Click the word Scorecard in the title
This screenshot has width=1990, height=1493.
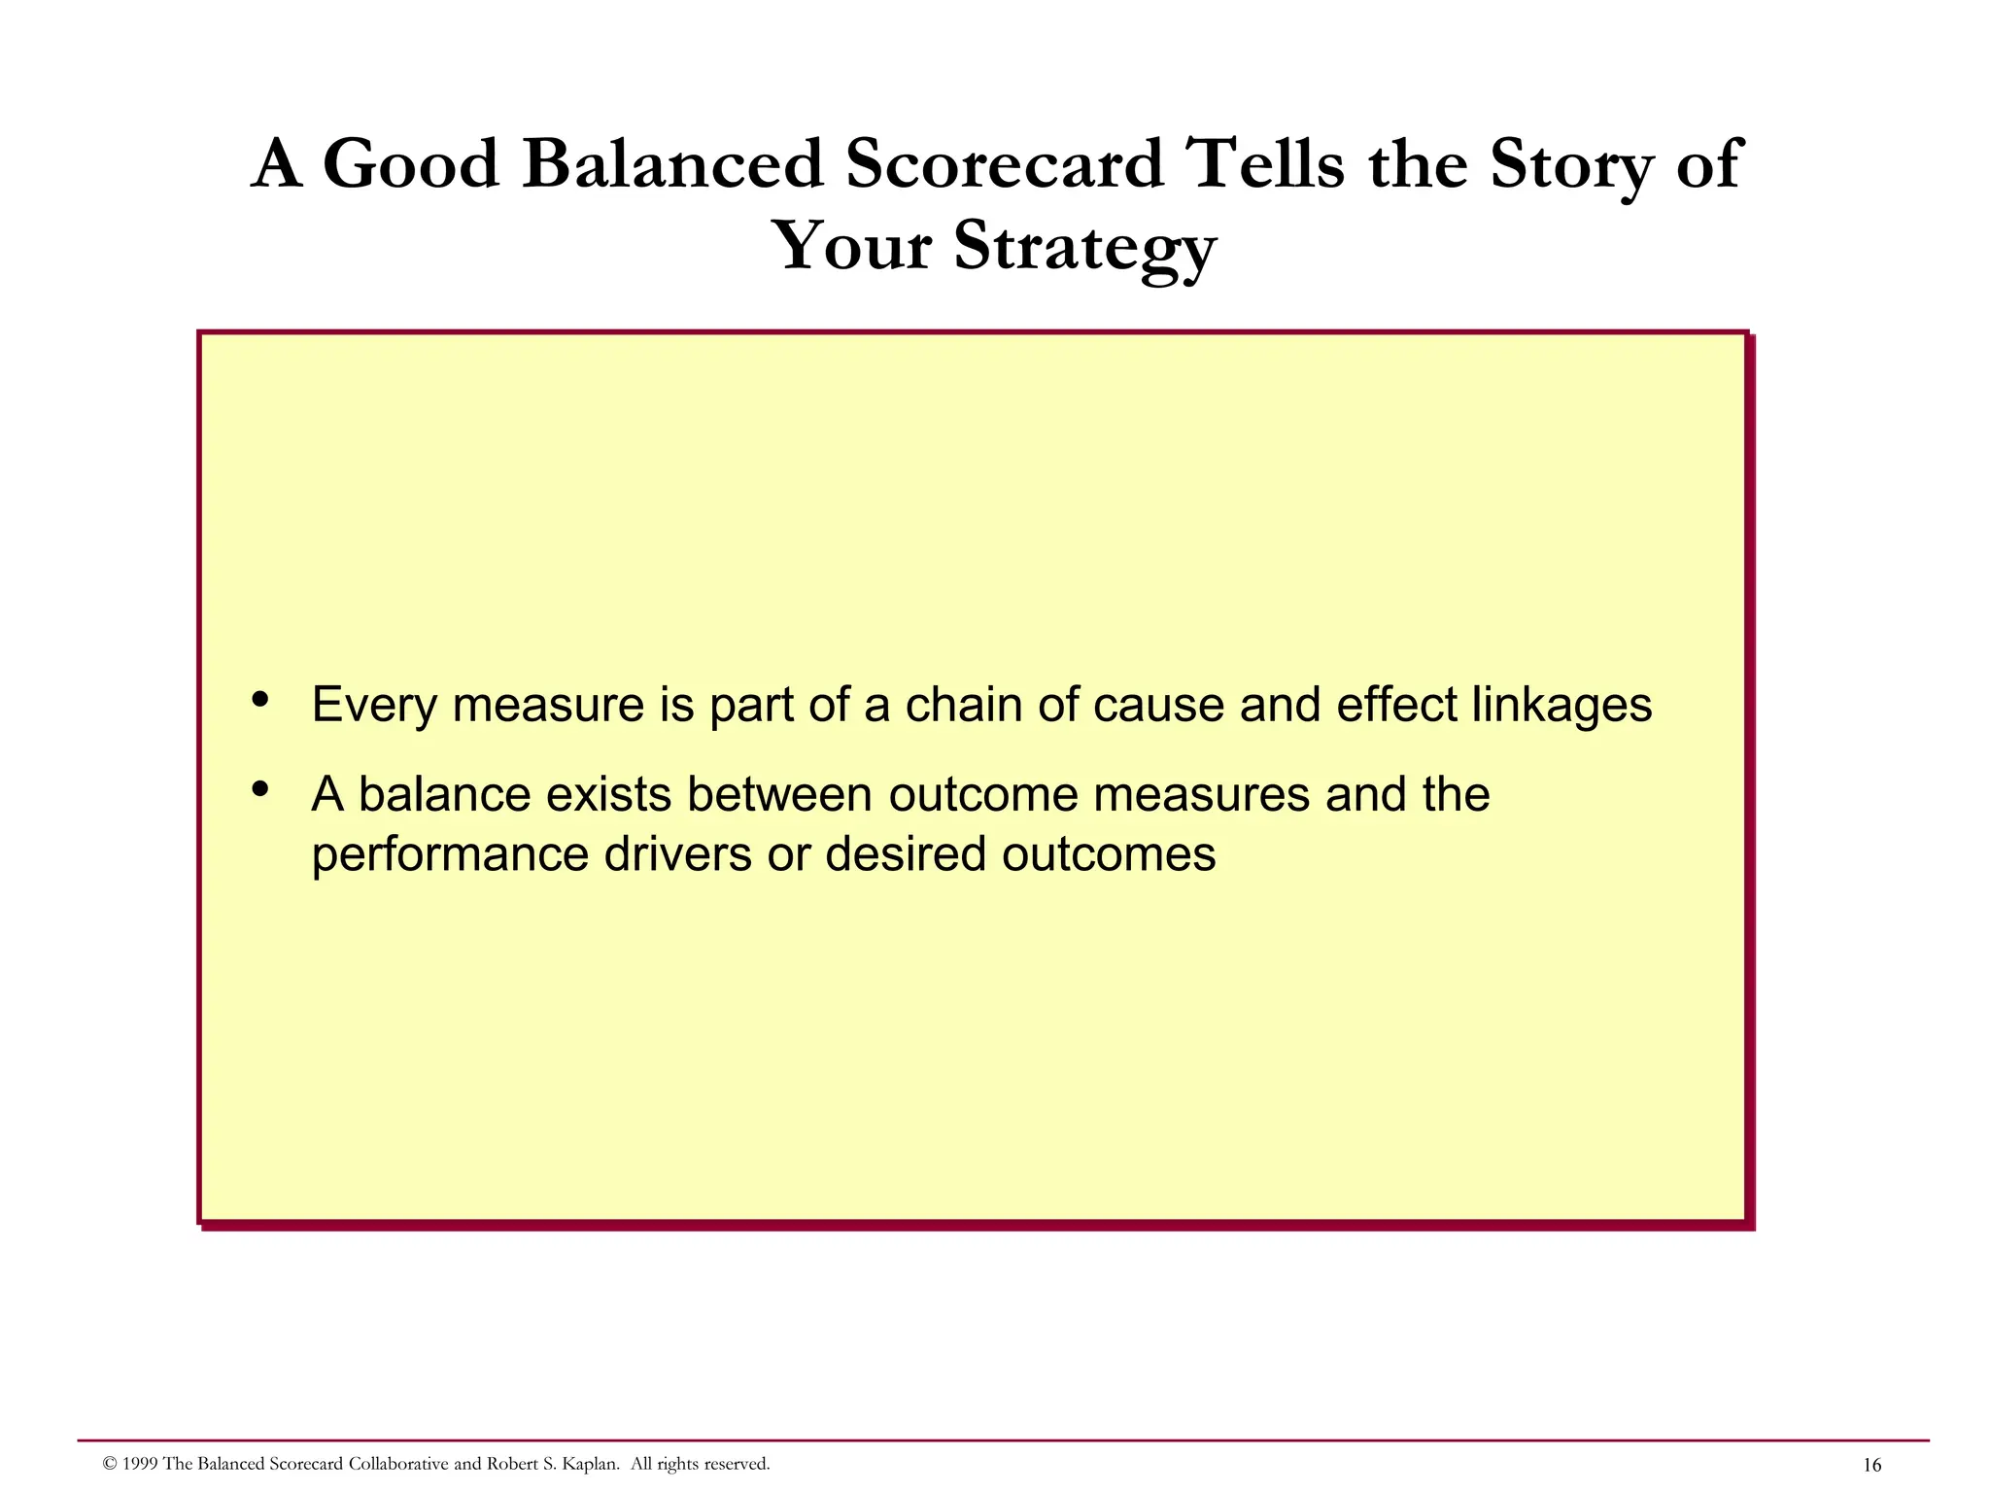1004,163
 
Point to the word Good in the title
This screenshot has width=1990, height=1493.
410,163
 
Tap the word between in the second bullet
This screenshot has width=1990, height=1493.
779,794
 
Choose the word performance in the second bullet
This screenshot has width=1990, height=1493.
450,855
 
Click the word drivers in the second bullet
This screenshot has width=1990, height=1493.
677,855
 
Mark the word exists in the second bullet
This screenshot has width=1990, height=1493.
608,794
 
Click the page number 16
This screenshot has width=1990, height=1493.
1871,1466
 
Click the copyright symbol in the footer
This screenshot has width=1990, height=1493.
110,1464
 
